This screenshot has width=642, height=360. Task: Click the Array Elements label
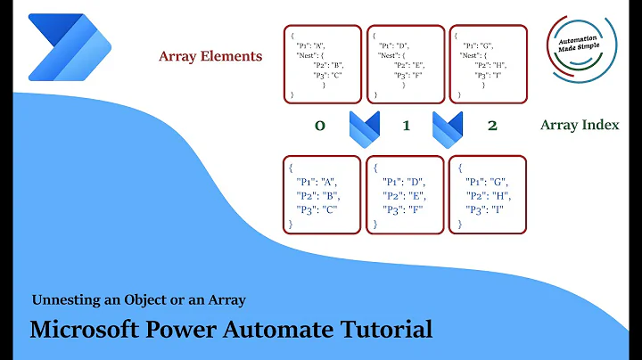tap(210, 56)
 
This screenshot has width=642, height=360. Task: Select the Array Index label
tap(580, 125)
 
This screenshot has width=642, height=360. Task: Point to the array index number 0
tap(318, 126)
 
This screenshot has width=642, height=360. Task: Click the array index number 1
tap(406, 126)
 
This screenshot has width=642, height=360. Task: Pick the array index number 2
tap(491, 126)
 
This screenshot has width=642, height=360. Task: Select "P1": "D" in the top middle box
tap(394, 43)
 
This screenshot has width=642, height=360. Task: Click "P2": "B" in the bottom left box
tap(317, 196)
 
